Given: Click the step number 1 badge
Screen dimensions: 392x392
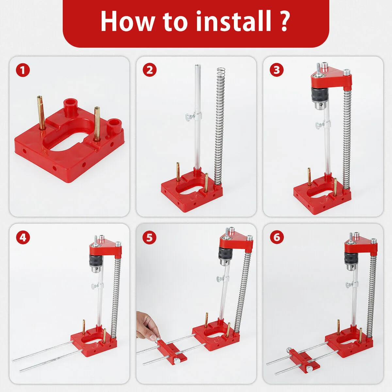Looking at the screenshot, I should (23, 70).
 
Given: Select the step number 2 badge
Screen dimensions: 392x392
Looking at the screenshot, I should (150, 70).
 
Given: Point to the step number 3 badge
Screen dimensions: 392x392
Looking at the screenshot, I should (277, 70).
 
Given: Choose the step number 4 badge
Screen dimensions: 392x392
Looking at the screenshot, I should (23, 237).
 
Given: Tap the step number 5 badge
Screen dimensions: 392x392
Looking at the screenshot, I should (150, 237).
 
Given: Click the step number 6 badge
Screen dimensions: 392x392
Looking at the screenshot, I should (277, 237).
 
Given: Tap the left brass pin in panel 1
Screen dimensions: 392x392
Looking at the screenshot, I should (41, 111).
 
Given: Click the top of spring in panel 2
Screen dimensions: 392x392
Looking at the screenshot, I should (221, 70).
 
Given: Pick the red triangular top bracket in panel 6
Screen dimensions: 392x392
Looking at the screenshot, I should (361, 245).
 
